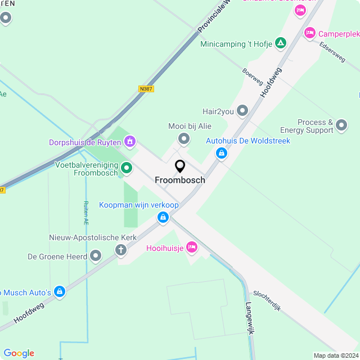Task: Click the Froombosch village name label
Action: pos(180,181)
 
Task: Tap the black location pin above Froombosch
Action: pos(180,166)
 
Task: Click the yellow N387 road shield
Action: pos(146,89)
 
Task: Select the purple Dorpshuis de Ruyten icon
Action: pos(130,141)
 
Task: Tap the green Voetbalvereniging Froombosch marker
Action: pos(127,167)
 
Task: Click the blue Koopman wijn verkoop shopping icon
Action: pos(163,217)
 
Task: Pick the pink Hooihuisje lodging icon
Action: pos(192,246)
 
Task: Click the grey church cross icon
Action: pos(121,250)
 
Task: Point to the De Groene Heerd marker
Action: pos(96,256)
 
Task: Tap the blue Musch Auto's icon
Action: pos(60,291)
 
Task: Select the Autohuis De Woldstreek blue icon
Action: pos(222,152)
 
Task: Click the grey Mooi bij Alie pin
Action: pos(183,138)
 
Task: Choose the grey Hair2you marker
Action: pos(242,111)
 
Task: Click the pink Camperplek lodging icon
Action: pos(309,34)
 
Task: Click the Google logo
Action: pos(19,353)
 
